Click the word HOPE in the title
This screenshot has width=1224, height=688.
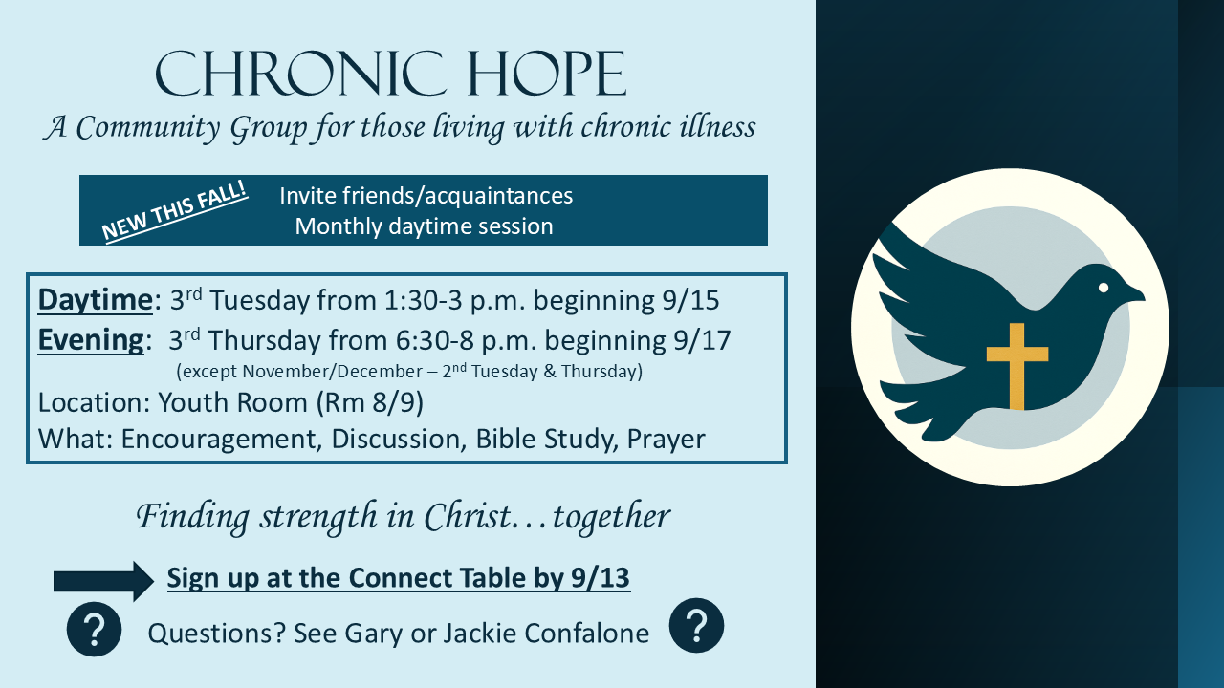547,74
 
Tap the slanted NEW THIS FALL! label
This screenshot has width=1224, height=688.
175,212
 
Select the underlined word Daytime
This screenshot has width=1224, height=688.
95,300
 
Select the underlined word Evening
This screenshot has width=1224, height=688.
91,340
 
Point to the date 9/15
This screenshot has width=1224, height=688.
690,300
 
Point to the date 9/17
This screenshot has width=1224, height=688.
702,341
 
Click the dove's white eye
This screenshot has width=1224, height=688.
1104,288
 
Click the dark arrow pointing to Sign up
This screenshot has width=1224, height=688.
104,581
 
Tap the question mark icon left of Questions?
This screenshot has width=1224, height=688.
94,629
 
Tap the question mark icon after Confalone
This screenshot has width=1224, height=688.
697,625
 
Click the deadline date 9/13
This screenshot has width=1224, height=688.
601,578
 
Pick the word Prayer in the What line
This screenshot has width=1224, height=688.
667,440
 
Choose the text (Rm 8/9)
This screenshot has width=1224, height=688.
370,403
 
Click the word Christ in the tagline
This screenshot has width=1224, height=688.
468,516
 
